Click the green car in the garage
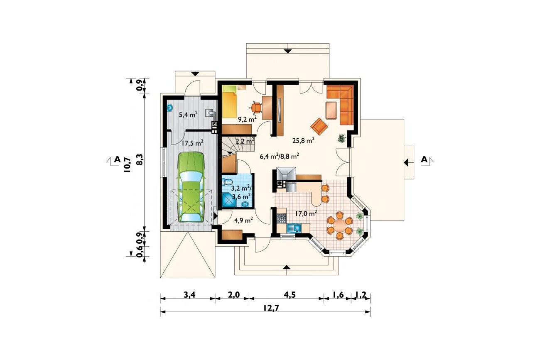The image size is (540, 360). [x=191, y=187]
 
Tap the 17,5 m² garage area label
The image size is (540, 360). [x=192, y=143]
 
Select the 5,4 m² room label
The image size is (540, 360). [x=188, y=114]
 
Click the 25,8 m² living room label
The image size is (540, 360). [x=303, y=140]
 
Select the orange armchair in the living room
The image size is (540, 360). [x=319, y=127]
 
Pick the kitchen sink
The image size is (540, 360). [x=294, y=228]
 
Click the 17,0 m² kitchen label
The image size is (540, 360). [x=306, y=213]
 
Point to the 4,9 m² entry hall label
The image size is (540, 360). [x=243, y=220]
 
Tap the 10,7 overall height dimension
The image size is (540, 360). [x=127, y=165]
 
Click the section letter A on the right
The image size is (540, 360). [x=424, y=159]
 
